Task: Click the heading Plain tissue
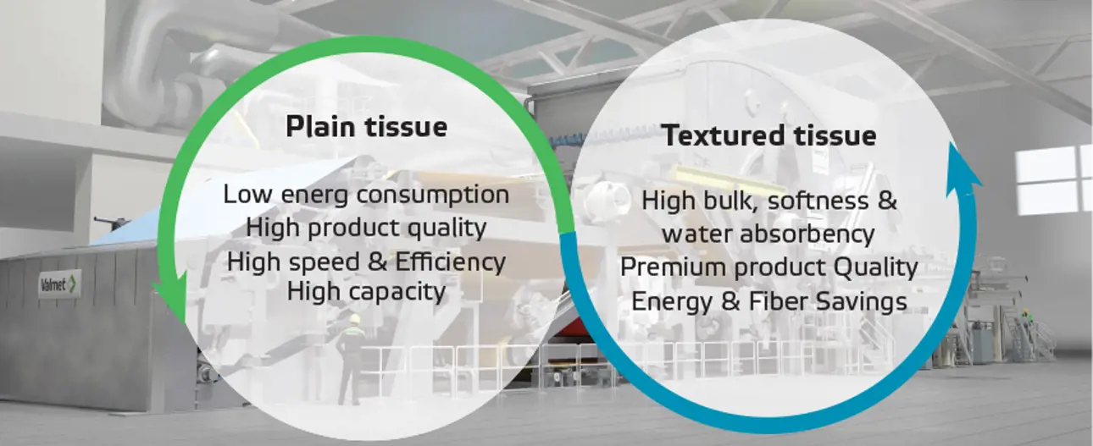coord(366,127)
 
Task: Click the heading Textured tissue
coord(769,135)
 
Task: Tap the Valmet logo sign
coord(60,284)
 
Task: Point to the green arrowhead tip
coord(185,326)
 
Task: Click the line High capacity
coord(366,291)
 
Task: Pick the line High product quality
coord(366,229)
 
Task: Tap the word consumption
coord(433,195)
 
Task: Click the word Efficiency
coord(450,262)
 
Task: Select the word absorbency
coord(807,234)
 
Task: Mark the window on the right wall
coord(1054,181)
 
